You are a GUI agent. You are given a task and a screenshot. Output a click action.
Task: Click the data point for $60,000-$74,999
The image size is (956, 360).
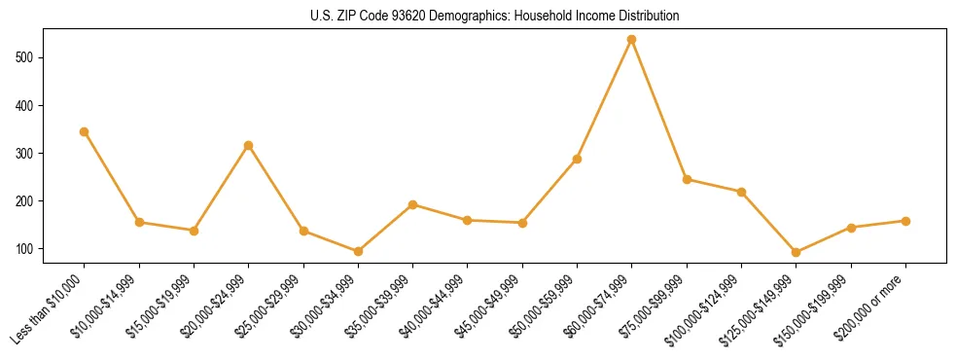[x=632, y=40]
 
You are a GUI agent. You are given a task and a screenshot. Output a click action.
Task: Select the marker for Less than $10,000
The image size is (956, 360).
[x=85, y=131]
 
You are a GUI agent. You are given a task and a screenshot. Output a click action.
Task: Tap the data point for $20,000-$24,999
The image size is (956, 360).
[x=249, y=145]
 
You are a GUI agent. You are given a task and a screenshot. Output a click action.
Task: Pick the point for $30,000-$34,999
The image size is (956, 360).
[x=358, y=251]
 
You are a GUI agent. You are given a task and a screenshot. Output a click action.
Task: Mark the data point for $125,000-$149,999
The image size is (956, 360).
[x=797, y=252]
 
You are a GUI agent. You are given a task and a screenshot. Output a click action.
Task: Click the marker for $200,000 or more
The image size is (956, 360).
[x=906, y=221]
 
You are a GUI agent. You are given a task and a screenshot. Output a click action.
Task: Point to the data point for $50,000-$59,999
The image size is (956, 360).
[x=578, y=159]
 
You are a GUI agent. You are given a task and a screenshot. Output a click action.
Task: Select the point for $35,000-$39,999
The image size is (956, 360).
[x=413, y=204]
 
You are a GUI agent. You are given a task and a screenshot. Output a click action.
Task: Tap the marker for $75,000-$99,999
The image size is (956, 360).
[x=688, y=179]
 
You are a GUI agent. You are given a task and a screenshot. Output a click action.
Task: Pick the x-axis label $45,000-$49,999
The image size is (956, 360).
[x=489, y=308]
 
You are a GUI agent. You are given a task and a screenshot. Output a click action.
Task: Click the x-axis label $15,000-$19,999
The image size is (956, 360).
[x=160, y=308]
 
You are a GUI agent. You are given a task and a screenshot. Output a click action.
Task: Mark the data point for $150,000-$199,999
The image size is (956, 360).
[x=852, y=228]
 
